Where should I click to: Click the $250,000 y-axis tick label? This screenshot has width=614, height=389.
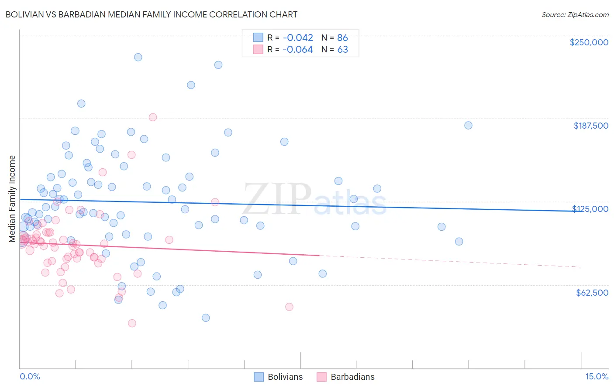[589, 42]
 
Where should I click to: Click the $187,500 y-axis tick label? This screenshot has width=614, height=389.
[590, 126]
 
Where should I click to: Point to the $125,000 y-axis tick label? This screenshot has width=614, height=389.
[590, 209]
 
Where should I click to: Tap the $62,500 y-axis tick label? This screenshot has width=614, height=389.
[592, 293]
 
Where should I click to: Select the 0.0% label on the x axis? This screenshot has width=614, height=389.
[30, 377]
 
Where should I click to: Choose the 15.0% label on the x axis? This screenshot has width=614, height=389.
[597, 377]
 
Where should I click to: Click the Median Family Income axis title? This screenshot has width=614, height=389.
[12, 199]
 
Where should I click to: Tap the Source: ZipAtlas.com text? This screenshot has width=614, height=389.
[575, 14]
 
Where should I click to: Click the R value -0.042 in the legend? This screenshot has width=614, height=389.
[297, 38]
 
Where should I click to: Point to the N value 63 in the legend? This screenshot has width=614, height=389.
[342, 50]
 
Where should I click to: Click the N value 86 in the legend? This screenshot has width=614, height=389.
[342, 38]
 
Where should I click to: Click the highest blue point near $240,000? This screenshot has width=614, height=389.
[138, 57]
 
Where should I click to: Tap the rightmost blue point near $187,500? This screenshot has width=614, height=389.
[468, 125]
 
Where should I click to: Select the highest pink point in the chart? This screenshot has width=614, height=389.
[153, 117]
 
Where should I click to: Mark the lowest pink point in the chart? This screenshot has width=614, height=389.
[132, 323]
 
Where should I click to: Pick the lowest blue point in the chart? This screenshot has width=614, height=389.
[206, 317]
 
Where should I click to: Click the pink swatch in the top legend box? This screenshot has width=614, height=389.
[258, 50]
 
